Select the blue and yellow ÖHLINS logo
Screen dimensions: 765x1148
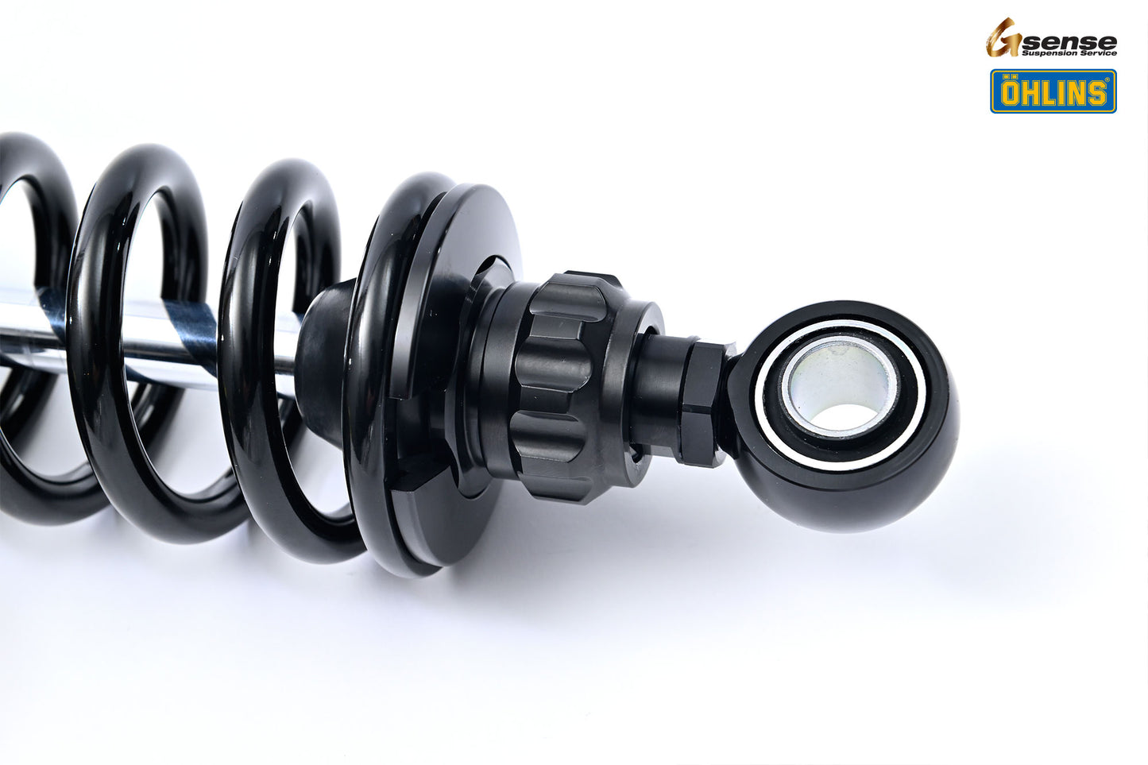point(1053,91)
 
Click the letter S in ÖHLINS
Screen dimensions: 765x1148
point(1096,94)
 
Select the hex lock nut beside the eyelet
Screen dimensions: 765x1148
point(703,401)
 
